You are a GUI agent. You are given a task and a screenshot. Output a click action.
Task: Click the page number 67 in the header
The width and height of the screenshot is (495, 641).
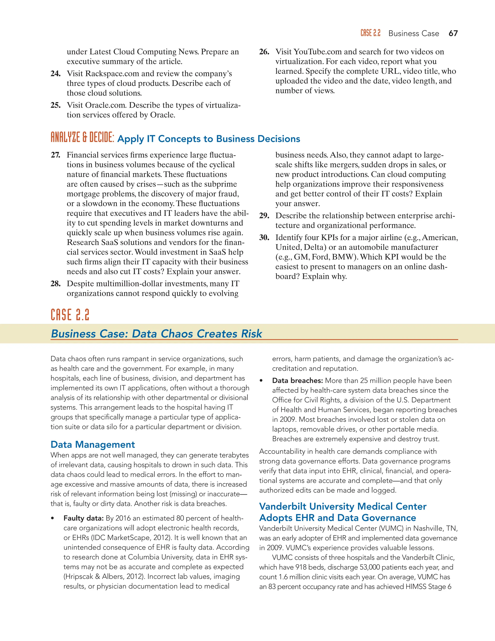tap(453, 33)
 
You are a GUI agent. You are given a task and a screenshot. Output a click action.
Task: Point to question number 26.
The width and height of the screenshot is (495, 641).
tap(264, 52)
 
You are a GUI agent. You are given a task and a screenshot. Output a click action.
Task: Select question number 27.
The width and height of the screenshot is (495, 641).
tap(55, 155)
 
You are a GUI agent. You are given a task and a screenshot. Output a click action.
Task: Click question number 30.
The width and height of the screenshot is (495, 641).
tap(264, 238)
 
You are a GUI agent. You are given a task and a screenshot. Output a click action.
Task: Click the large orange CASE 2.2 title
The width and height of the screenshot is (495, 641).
tap(70, 315)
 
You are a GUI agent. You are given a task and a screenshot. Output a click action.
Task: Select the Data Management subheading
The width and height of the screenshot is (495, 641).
tap(93, 444)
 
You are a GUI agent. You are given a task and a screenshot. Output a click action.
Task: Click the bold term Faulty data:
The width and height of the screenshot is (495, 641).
tap(84, 518)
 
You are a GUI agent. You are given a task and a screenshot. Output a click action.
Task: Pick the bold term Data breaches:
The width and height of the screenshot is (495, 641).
tap(297, 381)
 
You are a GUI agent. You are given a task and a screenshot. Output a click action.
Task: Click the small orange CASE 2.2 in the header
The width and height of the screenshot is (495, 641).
tap(370, 33)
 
